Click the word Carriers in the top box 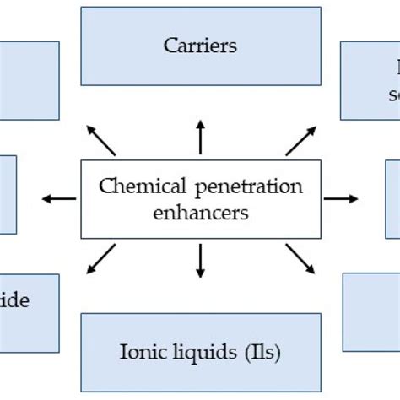tap(200, 46)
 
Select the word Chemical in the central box tap(131, 186)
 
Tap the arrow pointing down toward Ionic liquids tap(200, 261)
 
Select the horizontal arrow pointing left tap(58, 198)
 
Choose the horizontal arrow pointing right tap(341, 198)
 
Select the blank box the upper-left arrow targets tap(29, 80)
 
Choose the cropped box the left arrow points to tap(8, 194)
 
